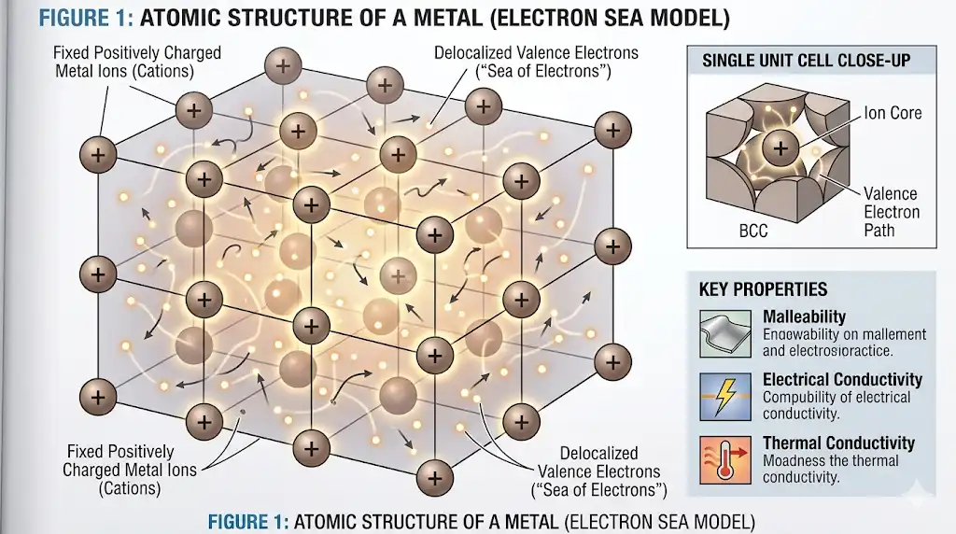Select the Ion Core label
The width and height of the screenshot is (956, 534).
coord(892,113)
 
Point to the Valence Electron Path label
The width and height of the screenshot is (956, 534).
coord(890,212)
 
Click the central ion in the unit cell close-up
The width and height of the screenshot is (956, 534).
coord(780,147)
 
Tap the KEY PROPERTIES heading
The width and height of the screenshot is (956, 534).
coord(763,289)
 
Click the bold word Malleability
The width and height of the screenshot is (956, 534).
coord(804,317)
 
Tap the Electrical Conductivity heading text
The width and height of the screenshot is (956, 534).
coord(842,380)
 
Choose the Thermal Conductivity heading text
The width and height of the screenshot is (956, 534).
coord(838,443)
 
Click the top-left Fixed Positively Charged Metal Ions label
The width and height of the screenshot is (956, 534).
coord(137,62)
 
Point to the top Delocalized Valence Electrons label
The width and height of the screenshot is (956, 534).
coord(522,62)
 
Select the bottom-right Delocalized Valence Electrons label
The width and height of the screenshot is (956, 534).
coord(598,471)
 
